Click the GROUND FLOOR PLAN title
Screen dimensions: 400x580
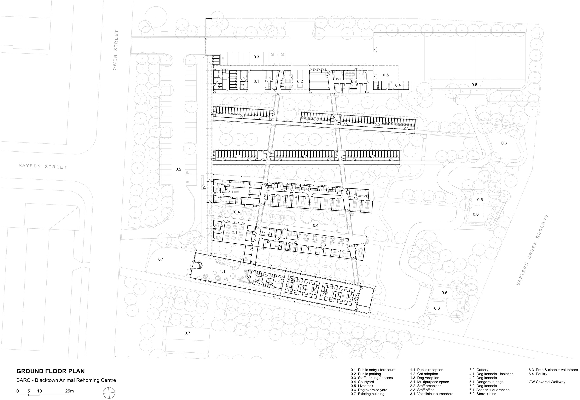tap(50, 371)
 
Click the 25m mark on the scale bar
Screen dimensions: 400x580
tap(69, 391)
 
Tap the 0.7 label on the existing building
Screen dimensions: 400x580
tap(188, 333)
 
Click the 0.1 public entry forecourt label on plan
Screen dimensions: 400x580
tap(161, 259)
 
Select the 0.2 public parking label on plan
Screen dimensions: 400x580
tap(178, 169)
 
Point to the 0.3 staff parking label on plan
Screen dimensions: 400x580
tap(256, 57)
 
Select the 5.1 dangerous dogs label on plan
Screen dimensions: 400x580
tap(243, 115)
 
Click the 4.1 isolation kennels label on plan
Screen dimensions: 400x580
tap(238, 157)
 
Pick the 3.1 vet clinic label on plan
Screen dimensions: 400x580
tap(231, 192)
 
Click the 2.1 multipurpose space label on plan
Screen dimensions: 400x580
tap(234, 233)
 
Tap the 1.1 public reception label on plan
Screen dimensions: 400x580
tap(222, 272)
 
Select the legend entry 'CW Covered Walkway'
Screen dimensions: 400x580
tap(547, 382)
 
